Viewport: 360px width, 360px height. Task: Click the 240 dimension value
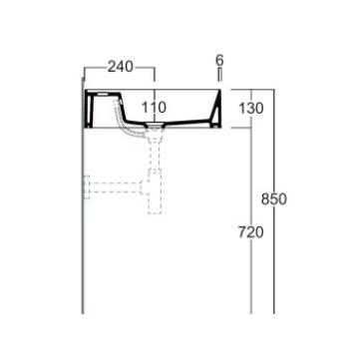[x=121, y=67]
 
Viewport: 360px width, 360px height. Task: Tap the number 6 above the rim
[x=219, y=60]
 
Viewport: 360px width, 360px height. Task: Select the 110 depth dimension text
[x=154, y=108]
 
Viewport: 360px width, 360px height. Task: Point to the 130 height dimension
[x=251, y=108]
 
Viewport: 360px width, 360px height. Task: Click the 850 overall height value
[x=273, y=199]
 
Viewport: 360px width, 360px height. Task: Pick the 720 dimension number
[x=251, y=232]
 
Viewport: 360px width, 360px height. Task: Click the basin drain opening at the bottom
[x=155, y=125]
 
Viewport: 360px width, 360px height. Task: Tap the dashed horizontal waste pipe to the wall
[x=116, y=187]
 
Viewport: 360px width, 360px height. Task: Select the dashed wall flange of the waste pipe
[x=87, y=187]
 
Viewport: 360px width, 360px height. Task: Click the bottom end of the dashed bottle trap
[x=155, y=212]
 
